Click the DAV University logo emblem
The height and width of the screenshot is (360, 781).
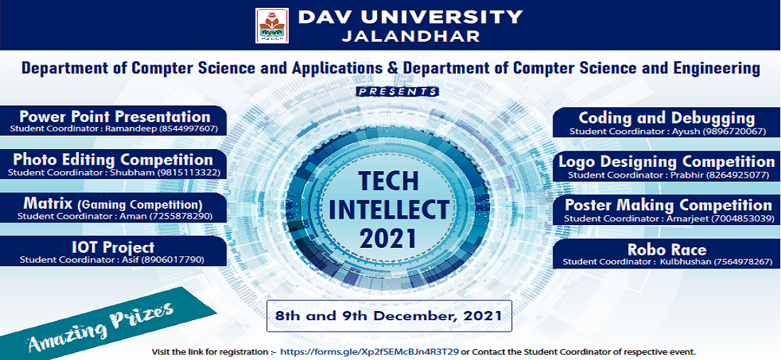[x=271, y=26]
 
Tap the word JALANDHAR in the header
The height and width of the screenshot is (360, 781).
[x=411, y=36]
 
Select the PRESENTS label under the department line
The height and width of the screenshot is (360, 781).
[x=398, y=92]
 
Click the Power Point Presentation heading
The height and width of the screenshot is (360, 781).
[x=114, y=116]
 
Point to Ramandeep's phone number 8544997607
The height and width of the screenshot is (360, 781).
[x=188, y=129]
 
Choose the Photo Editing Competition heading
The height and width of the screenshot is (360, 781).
[x=113, y=160]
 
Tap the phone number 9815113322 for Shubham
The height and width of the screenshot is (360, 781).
[x=189, y=173]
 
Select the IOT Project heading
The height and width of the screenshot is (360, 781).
[x=113, y=247]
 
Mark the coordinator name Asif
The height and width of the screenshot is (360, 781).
[x=150, y=259]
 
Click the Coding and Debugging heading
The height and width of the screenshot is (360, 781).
[x=667, y=119]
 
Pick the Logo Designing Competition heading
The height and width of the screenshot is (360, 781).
[x=667, y=162]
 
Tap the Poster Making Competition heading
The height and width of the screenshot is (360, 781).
[x=668, y=205]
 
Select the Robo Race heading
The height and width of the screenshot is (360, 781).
[x=667, y=249]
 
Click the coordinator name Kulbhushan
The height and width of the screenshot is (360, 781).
[x=684, y=261]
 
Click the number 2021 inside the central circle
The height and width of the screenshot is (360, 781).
[x=388, y=238]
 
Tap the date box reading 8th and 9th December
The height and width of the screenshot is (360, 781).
[x=389, y=316]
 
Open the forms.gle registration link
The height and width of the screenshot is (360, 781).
[x=369, y=352]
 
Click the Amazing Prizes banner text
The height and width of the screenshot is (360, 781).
[x=101, y=326]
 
